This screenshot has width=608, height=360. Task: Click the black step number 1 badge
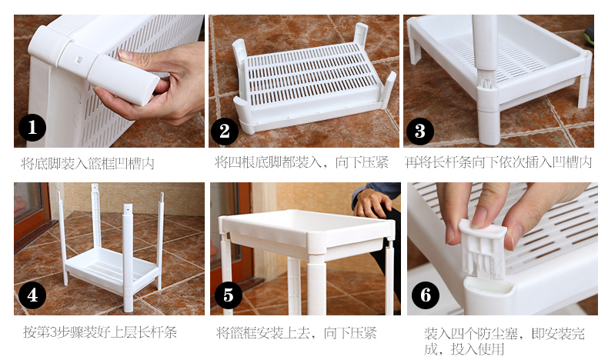[x=32, y=128]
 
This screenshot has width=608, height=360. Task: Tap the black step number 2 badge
[x=225, y=131]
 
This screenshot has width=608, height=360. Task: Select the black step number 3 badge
[x=420, y=131]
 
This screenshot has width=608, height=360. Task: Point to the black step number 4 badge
[x=32, y=295]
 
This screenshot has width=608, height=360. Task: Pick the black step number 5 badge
[x=228, y=295]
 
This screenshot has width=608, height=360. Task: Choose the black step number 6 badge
[x=426, y=295]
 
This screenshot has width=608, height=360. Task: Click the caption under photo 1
[x=88, y=164]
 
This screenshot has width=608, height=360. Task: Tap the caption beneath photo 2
[x=302, y=162]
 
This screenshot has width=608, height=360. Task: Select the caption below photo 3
[x=499, y=162]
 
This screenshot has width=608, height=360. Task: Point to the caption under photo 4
[x=100, y=332]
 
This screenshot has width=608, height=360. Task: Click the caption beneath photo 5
[x=296, y=333]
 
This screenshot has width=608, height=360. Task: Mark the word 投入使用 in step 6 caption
[x=477, y=349]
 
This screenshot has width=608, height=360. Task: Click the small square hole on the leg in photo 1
[x=79, y=60]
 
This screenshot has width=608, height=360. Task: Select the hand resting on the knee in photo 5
[x=371, y=203]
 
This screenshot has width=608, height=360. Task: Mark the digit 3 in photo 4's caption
[x=55, y=332]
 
